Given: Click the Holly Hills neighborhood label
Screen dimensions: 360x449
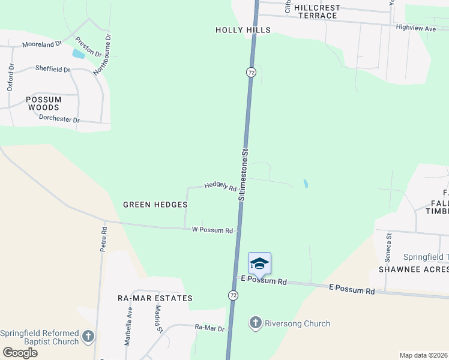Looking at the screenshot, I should [243, 30].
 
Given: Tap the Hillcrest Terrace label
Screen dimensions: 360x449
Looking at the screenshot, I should [313, 11].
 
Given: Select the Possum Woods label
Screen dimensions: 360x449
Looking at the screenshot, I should [44, 103].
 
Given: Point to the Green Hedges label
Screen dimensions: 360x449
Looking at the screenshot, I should [155, 205].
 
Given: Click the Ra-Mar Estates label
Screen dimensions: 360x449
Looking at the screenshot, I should [155, 298].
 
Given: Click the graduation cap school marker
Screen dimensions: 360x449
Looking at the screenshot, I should [259, 264].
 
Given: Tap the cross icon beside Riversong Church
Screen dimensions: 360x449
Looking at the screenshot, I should [255, 323].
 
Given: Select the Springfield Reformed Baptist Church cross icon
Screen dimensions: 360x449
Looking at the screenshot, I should [88, 337].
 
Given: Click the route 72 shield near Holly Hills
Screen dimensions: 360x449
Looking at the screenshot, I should [251, 72].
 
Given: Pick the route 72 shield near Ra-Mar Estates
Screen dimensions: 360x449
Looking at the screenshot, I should [233, 295].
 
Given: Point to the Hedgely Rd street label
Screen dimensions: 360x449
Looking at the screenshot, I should [220, 187].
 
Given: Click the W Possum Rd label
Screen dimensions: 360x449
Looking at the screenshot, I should [212, 230].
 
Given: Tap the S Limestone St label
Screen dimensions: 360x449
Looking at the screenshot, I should [243, 172].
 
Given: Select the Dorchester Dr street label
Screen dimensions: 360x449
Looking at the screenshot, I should [59, 119].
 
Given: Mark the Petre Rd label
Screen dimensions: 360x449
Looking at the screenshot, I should [103, 239].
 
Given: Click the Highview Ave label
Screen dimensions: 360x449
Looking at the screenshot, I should [416, 28].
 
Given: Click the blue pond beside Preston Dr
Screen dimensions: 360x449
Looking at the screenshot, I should [78, 53].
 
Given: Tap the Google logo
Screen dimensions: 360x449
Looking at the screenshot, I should [20, 353].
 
